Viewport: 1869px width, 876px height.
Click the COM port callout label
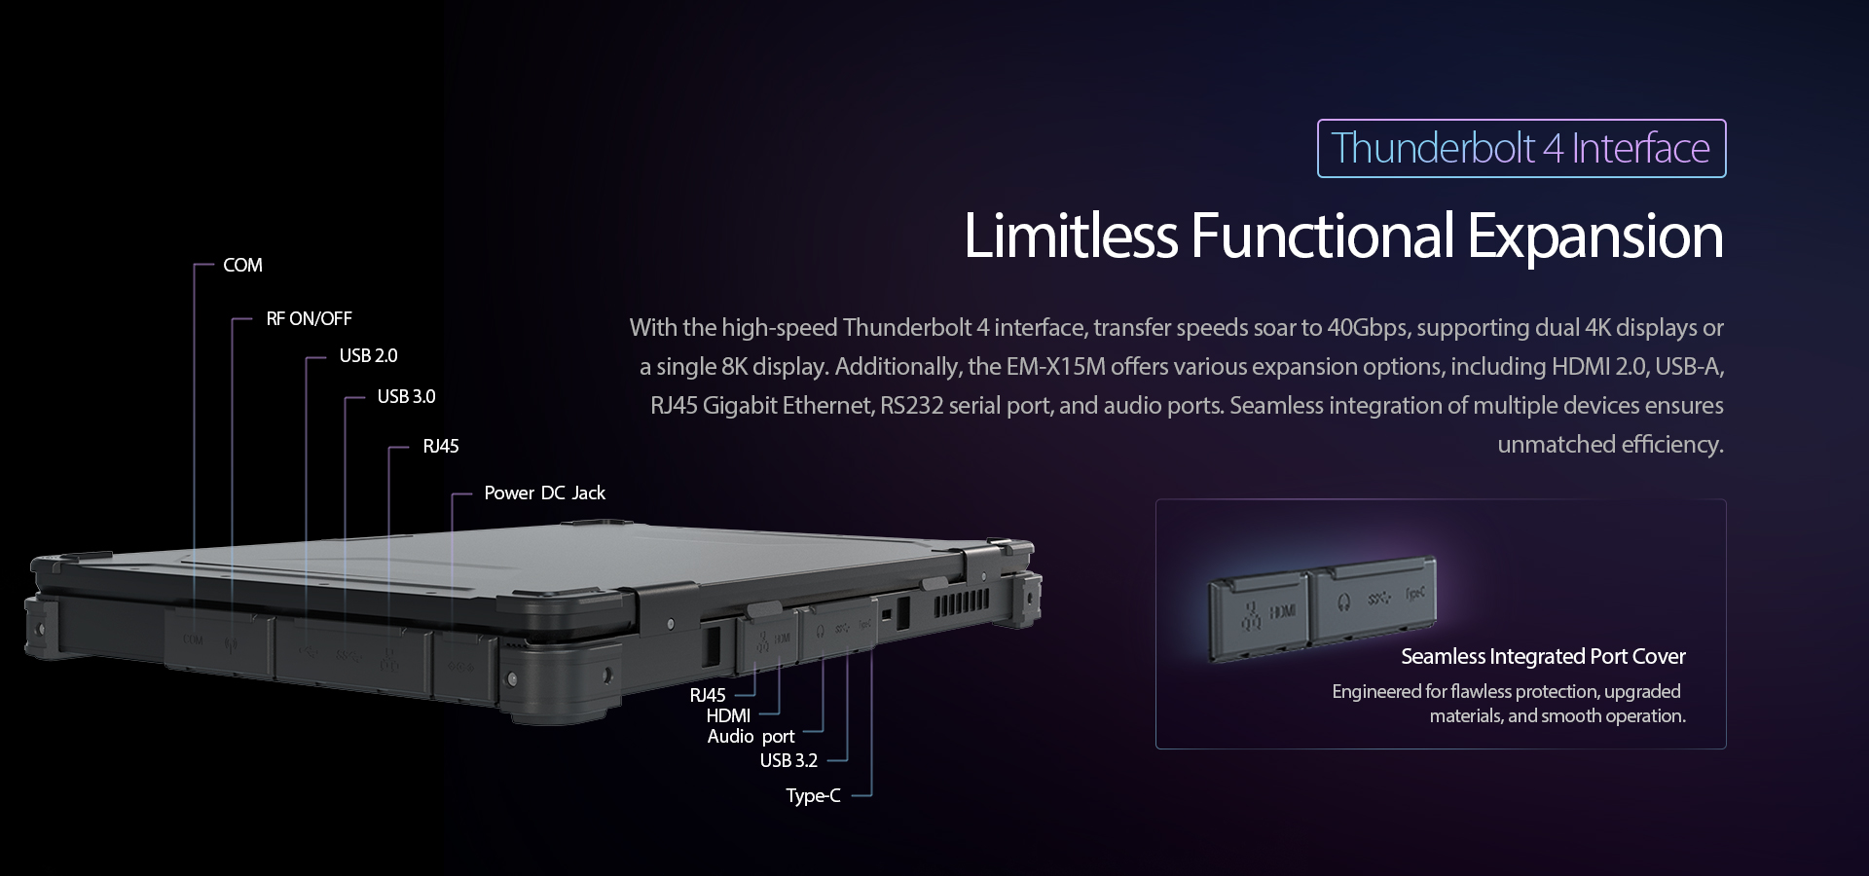point(242,265)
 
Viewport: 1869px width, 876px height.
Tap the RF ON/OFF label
point(309,318)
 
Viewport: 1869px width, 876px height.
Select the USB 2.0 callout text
point(368,355)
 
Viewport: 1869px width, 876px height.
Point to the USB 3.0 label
point(406,396)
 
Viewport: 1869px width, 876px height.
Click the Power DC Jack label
point(544,493)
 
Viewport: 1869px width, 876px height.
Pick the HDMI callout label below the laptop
point(728,715)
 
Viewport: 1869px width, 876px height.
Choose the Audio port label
point(751,736)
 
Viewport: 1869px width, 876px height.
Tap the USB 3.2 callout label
point(788,760)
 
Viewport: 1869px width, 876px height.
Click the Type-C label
point(813,795)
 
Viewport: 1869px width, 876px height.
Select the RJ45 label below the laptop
point(708,695)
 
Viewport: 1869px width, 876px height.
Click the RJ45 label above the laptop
point(441,446)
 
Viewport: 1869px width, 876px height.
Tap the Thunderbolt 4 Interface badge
point(1521,148)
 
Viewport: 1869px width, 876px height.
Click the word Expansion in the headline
point(1594,236)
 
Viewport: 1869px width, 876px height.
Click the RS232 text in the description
point(911,405)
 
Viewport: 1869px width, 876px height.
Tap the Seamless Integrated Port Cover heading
point(1543,656)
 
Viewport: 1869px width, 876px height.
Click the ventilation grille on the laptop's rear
point(962,605)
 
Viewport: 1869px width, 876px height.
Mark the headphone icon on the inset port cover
point(1343,601)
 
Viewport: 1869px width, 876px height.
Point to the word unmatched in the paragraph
point(1543,444)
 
